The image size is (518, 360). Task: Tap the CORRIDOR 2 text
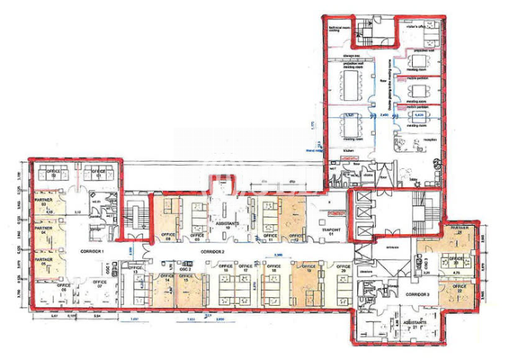click(212, 250)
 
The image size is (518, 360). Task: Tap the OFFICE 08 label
click(167, 238)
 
